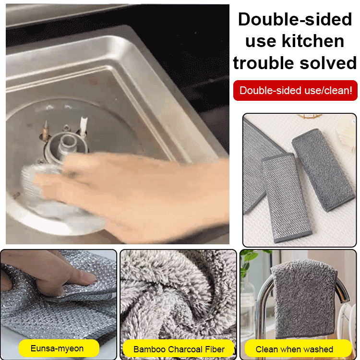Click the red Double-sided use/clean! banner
(x=295, y=90)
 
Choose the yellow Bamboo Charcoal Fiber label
(x=178, y=349)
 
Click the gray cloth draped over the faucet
(x=304, y=298)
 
